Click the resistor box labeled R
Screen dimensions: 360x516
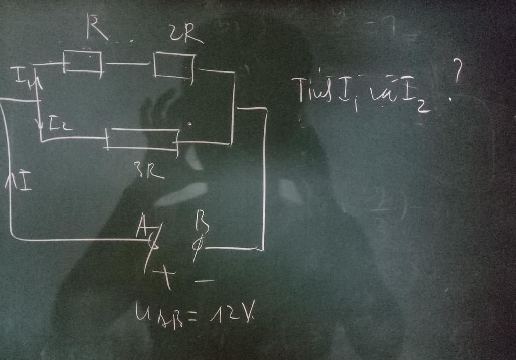pyautogui.click(x=83, y=62)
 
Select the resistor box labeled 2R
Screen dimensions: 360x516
pyautogui.click(x=173, y=66)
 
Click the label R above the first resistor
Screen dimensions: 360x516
pyautogui.click(x=96, y=27)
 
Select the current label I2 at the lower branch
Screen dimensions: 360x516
pyautogui.click(x=59, y=124)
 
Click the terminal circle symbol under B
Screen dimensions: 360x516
pyautogui.click(x=198, y=246)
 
